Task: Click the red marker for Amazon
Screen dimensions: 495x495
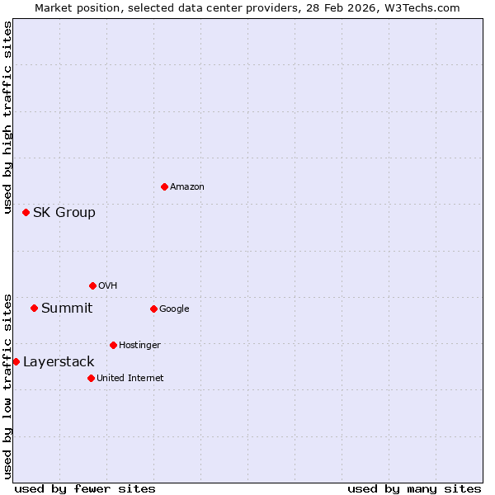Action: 164,186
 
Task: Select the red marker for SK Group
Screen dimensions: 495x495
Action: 26,212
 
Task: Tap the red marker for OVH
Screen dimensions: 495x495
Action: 92,285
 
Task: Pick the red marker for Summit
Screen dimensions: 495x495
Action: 34,308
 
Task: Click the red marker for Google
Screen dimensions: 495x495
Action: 153,309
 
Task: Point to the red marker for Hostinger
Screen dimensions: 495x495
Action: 113,345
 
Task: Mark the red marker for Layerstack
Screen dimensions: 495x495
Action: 16,361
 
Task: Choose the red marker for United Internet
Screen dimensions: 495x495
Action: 91,378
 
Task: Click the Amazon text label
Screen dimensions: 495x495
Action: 187,186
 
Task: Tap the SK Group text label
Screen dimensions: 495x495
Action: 64,212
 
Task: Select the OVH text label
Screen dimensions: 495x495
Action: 108,285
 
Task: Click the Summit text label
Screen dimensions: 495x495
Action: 67,308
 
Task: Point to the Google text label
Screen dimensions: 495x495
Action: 174,309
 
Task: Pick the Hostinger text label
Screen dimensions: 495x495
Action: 139,345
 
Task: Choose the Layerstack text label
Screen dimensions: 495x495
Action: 59,361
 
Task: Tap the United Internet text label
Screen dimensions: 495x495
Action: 130,378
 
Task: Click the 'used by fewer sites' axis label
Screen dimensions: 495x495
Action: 85,488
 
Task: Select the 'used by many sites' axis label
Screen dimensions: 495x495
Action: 414,488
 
